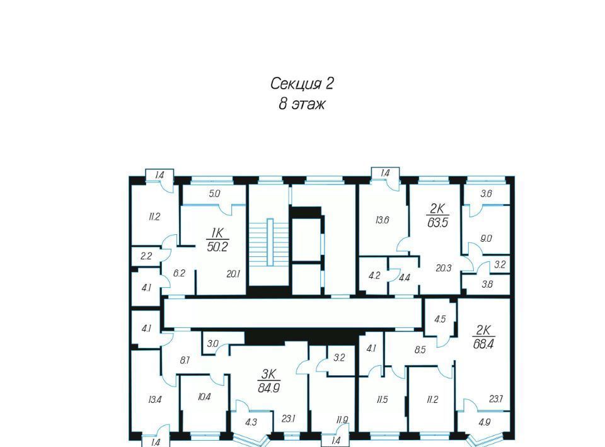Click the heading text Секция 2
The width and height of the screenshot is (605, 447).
(302, 84)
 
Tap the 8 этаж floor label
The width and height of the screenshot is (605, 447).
(302, 104)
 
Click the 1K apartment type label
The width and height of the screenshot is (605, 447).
(217, 233)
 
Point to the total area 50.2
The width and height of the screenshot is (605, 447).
(217, 247)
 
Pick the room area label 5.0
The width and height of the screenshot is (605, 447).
(214, 193)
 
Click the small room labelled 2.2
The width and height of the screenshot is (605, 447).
(146, 256)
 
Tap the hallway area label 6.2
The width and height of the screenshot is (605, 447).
(179, 273)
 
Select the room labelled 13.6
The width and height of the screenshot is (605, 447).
(382, 220)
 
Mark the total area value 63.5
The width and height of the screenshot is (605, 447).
(438, 222)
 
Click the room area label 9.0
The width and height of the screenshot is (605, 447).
(486, 239)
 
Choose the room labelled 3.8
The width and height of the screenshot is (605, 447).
(487, 285)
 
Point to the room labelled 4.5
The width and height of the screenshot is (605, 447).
(440, 319)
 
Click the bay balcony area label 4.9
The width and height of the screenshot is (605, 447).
(484, 422)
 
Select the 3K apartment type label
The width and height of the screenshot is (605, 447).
(268, 374)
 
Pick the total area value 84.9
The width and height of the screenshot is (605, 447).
(268, 388)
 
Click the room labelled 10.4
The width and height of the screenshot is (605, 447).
(204, 397)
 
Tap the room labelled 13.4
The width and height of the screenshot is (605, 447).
(154, 400)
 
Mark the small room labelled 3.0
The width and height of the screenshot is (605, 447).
(212, 344)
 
